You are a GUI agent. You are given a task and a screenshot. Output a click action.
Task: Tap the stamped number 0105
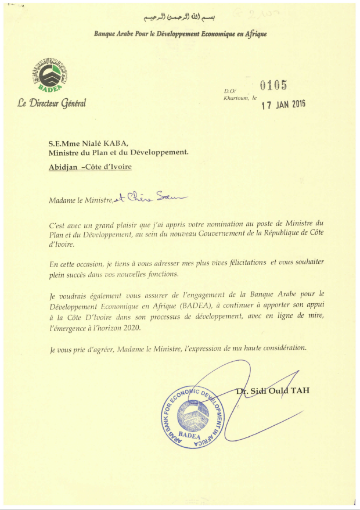coord(273,86)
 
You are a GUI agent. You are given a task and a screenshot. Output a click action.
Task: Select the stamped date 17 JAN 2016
coord(283,105)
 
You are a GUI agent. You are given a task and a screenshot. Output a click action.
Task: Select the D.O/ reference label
coord(230,92)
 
